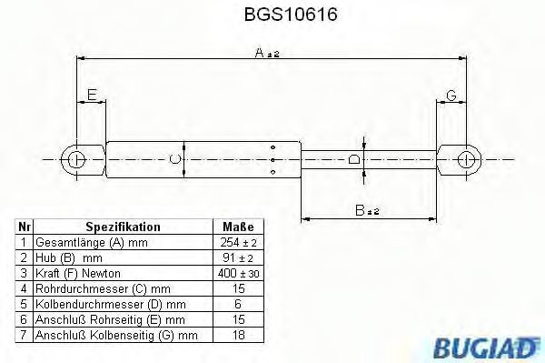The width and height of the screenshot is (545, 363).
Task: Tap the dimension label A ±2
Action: [267, 55]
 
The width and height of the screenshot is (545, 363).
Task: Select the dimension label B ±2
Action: [367, 210]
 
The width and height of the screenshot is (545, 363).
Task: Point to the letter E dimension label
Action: [91, 94]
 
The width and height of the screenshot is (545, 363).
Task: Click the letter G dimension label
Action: [451, 94]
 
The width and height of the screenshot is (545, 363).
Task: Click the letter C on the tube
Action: [176, 160]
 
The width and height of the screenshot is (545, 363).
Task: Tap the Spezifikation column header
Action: [123, 227]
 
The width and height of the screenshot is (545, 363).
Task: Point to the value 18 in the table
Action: [238, 336]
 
